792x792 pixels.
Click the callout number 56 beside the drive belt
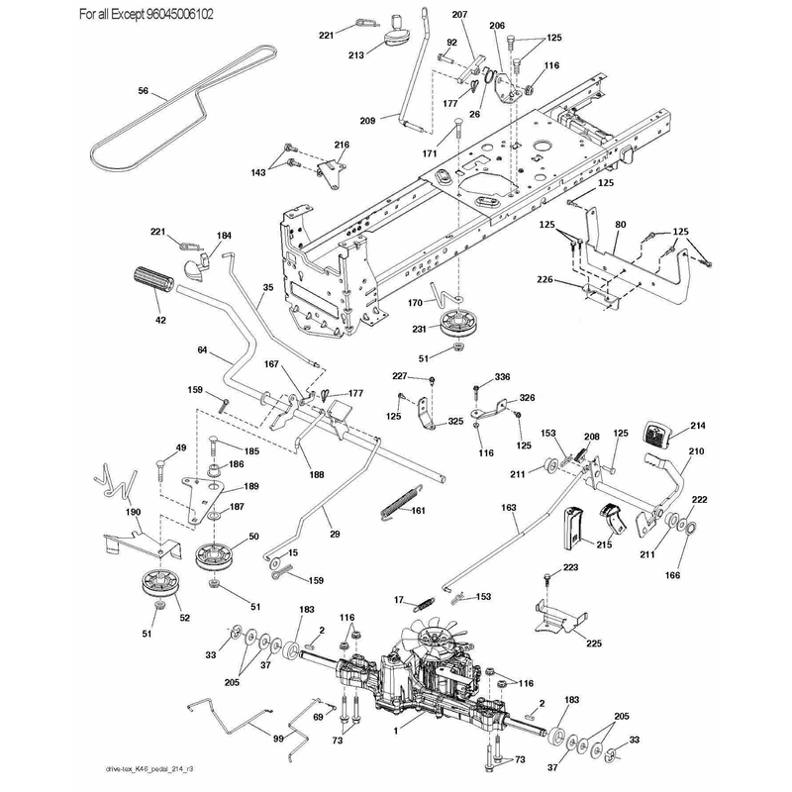[x=144, y=91]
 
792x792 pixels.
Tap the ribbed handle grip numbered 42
[x=153, y=279]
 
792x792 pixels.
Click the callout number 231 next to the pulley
[x=419, y=329]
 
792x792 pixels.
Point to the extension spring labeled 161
[x=400, y=502]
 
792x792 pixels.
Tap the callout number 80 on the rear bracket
[x=621, y=225]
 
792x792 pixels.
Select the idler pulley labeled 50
[x=216, y=556]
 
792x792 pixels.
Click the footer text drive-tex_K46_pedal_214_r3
[x=150, y=769]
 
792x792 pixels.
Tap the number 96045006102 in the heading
[x=180, y=14]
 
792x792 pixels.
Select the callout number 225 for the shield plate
[x=594, y=643]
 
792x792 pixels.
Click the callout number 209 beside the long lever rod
[x=367, y=121]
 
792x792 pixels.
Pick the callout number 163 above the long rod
[x=509, y=508]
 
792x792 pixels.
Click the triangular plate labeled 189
[x=201, y=499]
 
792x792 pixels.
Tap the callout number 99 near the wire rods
[x=278, y=739]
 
